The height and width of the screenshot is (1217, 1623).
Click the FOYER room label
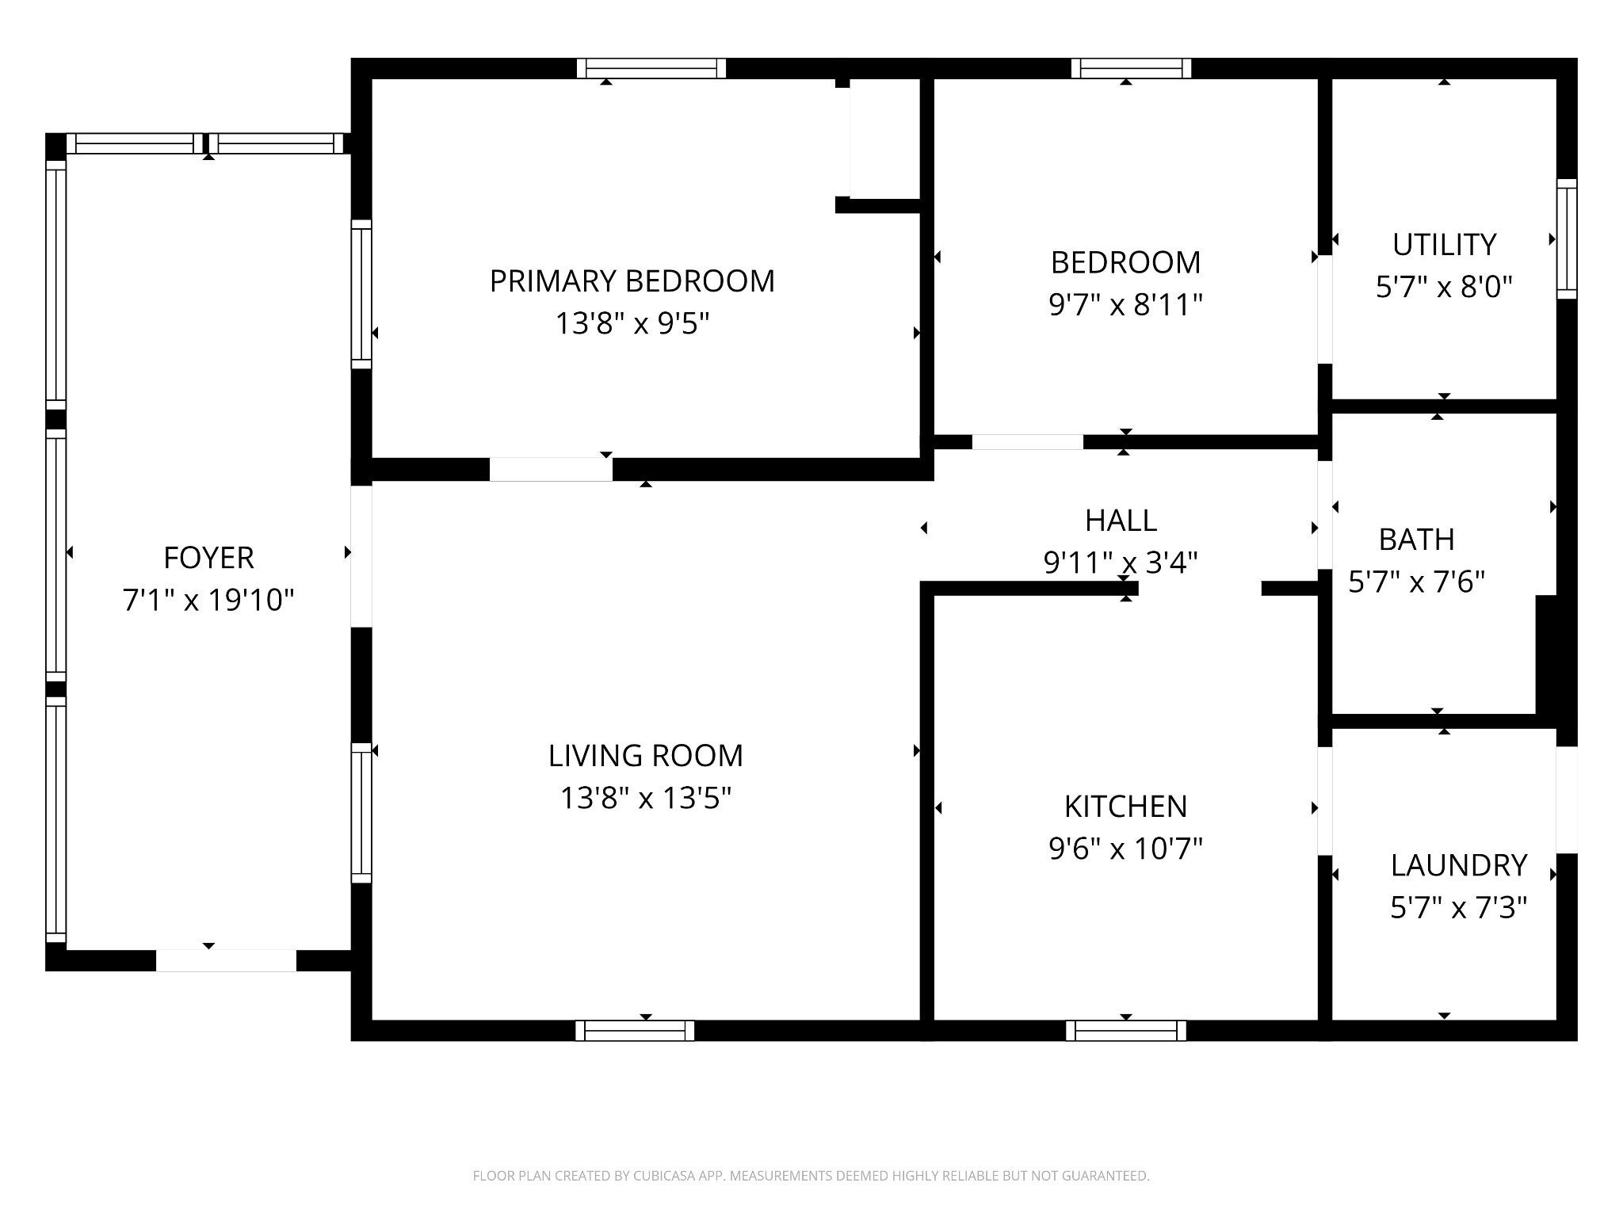(x=208, y=558)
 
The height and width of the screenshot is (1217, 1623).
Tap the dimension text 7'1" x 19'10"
(x=208, y=600)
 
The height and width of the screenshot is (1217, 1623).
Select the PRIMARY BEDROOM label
(x=632, y=281)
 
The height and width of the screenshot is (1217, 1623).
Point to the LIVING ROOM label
(x=645, y=755)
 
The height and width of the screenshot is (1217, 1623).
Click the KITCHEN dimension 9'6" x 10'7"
(x=1125, y=849)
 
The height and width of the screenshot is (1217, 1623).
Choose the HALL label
(x=1121, y=521)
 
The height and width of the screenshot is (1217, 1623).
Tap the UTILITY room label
(x=1444, y=245)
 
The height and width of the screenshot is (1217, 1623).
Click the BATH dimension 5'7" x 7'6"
(x=1416, y=582)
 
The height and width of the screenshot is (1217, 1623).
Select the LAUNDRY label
(x=1458, y=865)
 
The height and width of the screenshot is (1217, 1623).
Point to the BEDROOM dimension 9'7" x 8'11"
(x=1125, y=304)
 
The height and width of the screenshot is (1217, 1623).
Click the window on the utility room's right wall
(x=1567, y=238)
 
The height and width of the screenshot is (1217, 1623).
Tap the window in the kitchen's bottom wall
(x=1126, y=1030)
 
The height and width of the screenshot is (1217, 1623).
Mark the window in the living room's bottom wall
(x=635, y=1030)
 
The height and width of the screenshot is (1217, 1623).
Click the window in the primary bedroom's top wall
(x=651, y=68)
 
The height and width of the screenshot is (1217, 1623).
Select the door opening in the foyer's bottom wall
(x=226, y=960)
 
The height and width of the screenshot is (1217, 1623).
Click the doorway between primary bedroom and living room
(x=551, y=470)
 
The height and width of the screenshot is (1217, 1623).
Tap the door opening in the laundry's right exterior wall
(x=1567, y=799)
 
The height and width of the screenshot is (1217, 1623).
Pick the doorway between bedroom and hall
(x=1028, y=442)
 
